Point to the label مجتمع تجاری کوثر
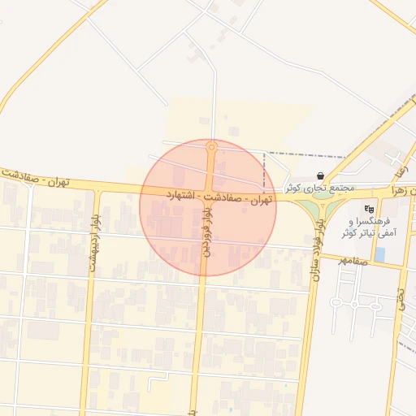click(320, 188)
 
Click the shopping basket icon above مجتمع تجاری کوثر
click(321, 175)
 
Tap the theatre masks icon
click(370, 209)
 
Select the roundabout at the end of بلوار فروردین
click(211, 147)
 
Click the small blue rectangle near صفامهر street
click(379, 254)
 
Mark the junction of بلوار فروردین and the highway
click(209, 193)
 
